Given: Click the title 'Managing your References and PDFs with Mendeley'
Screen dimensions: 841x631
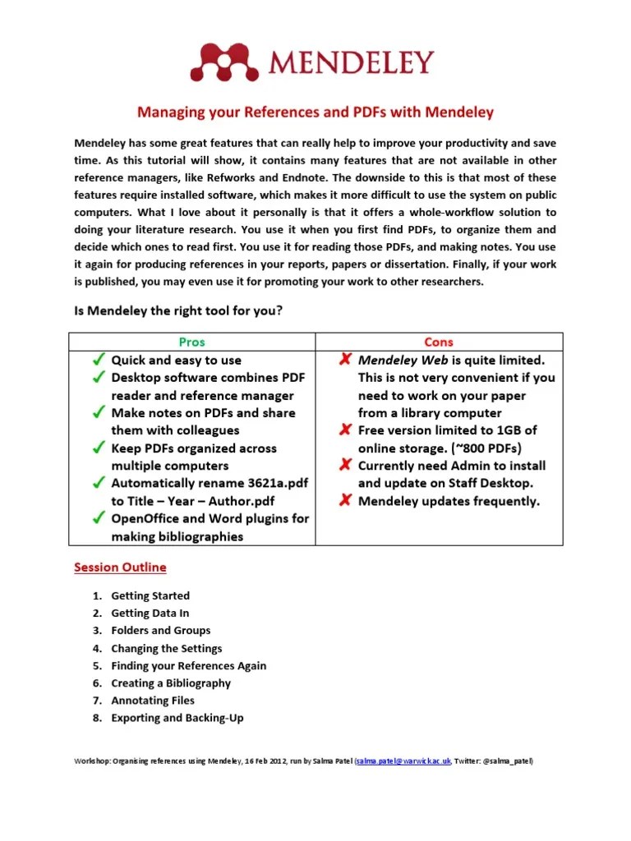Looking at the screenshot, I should pyautogui.click(x=315, y=111).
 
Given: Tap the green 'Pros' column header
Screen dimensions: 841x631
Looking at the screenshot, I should pyautogui.click(x=191, y=342).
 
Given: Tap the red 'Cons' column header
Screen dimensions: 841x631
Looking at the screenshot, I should pyautogui.click(x=439, y=342).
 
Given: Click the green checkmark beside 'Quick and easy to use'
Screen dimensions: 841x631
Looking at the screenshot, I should pyautogui.click(x=98, y=360).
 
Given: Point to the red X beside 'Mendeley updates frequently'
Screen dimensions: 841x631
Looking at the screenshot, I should pyautogui.click(x=345, y=501).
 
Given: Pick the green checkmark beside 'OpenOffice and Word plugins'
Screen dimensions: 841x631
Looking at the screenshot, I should pyautogui.click(x=98, y=518).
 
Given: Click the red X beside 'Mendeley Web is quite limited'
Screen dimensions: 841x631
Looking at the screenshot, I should pyautogui.click(x=345, y=360).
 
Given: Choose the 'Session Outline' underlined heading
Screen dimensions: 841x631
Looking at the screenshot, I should pyautogui.click(x=120, y=567).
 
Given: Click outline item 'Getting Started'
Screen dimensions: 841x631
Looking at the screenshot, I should pyautogui.click(x=150, y=595).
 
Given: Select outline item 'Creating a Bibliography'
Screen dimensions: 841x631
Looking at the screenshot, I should pyautogui.click(x=171, y=682).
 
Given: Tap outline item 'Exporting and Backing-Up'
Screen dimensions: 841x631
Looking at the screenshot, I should pyautogui.click(x=177, y=717).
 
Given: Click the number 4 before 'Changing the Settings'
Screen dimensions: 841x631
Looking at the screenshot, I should pyautogui.click(x=95, y=648).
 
